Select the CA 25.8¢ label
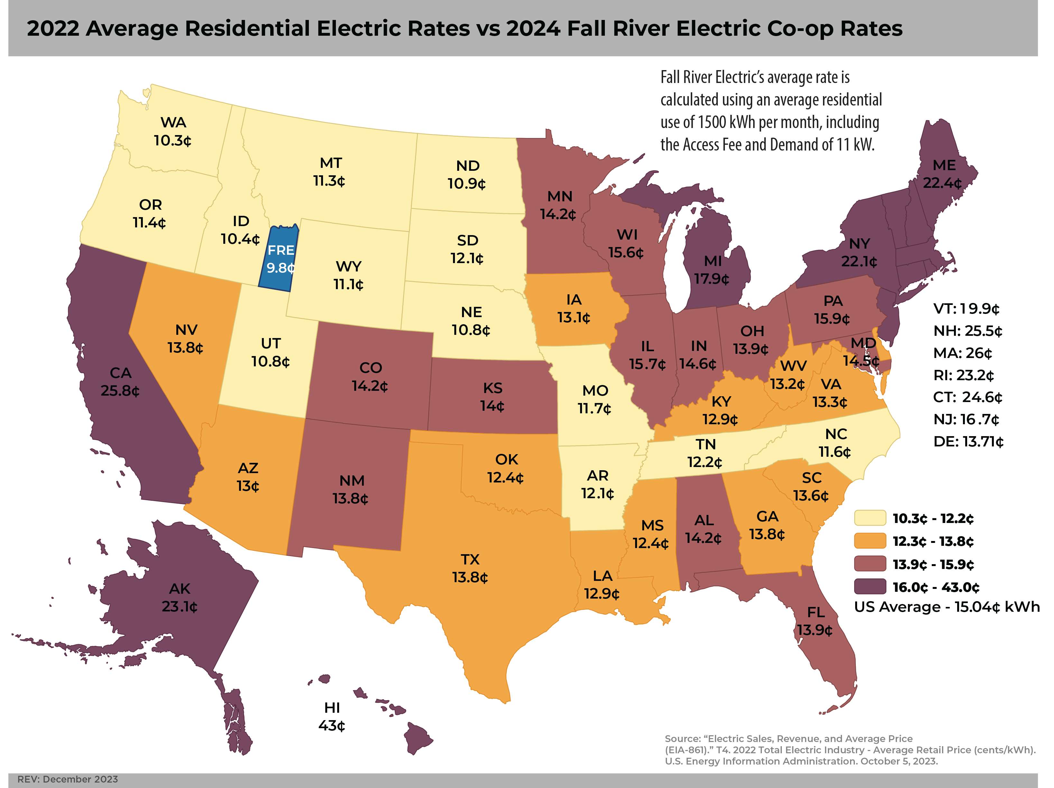click(120, 382)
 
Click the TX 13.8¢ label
click(470, 568)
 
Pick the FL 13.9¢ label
click(815, 621)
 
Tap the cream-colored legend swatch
click(870, 518)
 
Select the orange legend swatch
click(870, 541)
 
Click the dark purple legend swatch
click(870, 586)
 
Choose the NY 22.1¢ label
click(859, 252)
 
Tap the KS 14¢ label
click(492, 397)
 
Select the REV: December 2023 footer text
click(68, 779)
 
